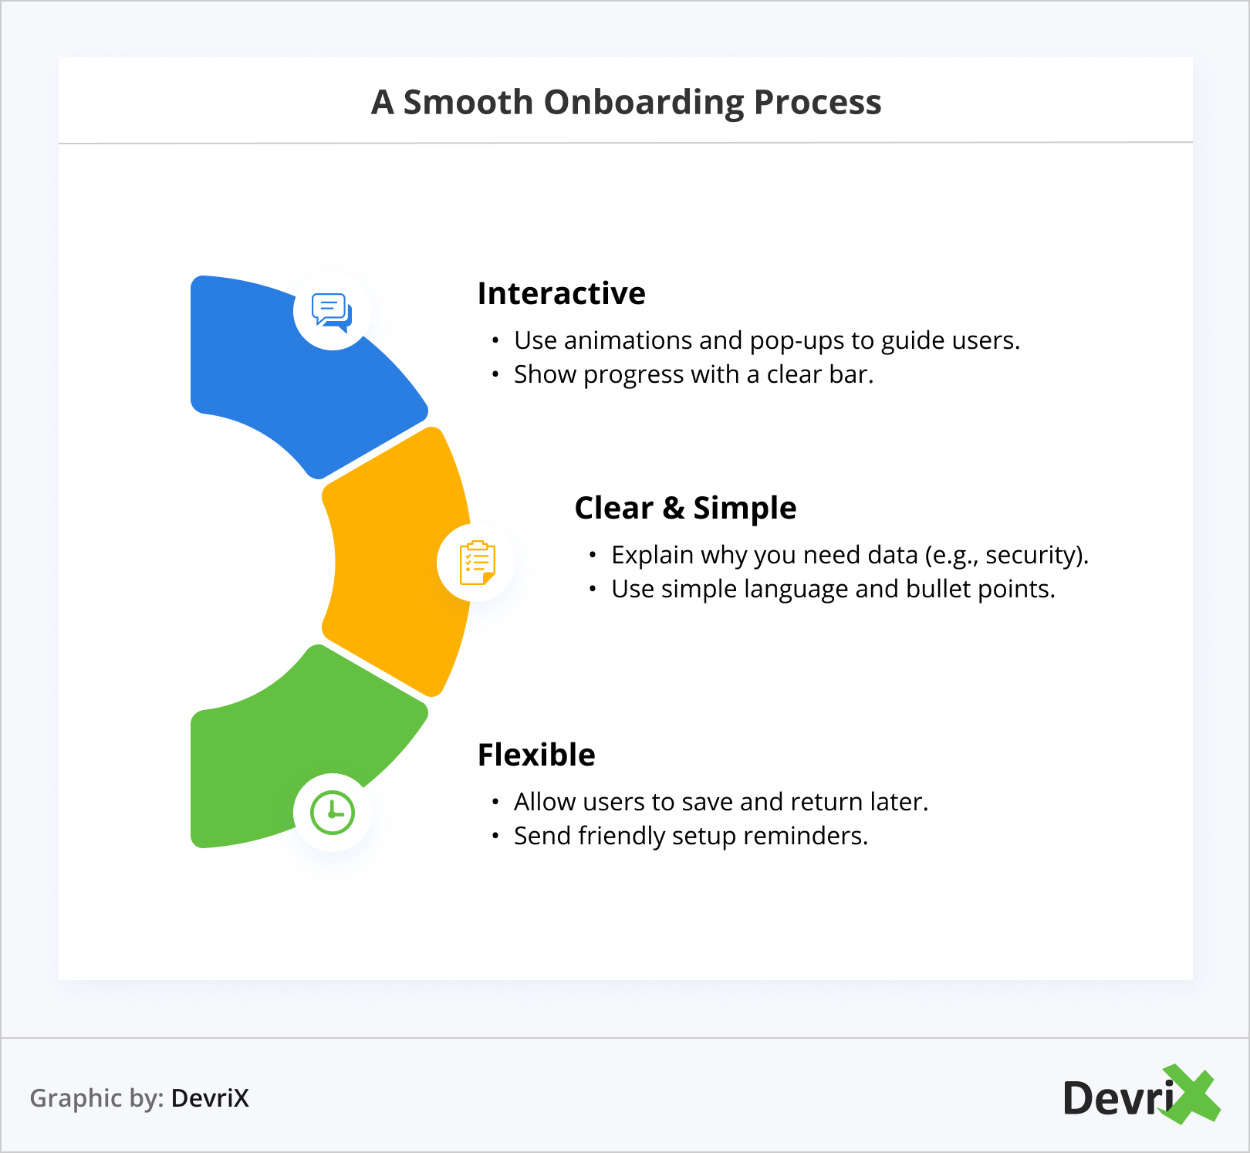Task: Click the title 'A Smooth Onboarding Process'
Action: coord(626,102)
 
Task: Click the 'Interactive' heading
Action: coord(561,293)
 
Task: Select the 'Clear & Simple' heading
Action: coord(685,508)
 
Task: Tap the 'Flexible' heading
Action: coord(536,755)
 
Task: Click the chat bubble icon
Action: coord(332,312)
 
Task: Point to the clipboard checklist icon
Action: coord(477,563)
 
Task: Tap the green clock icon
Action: coord(333,813)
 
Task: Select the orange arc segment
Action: coord(394,563)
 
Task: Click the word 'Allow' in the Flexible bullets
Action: coord(545,802)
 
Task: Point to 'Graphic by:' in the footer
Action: coord(96,1097)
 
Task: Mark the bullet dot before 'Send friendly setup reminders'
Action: coord(495,837)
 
